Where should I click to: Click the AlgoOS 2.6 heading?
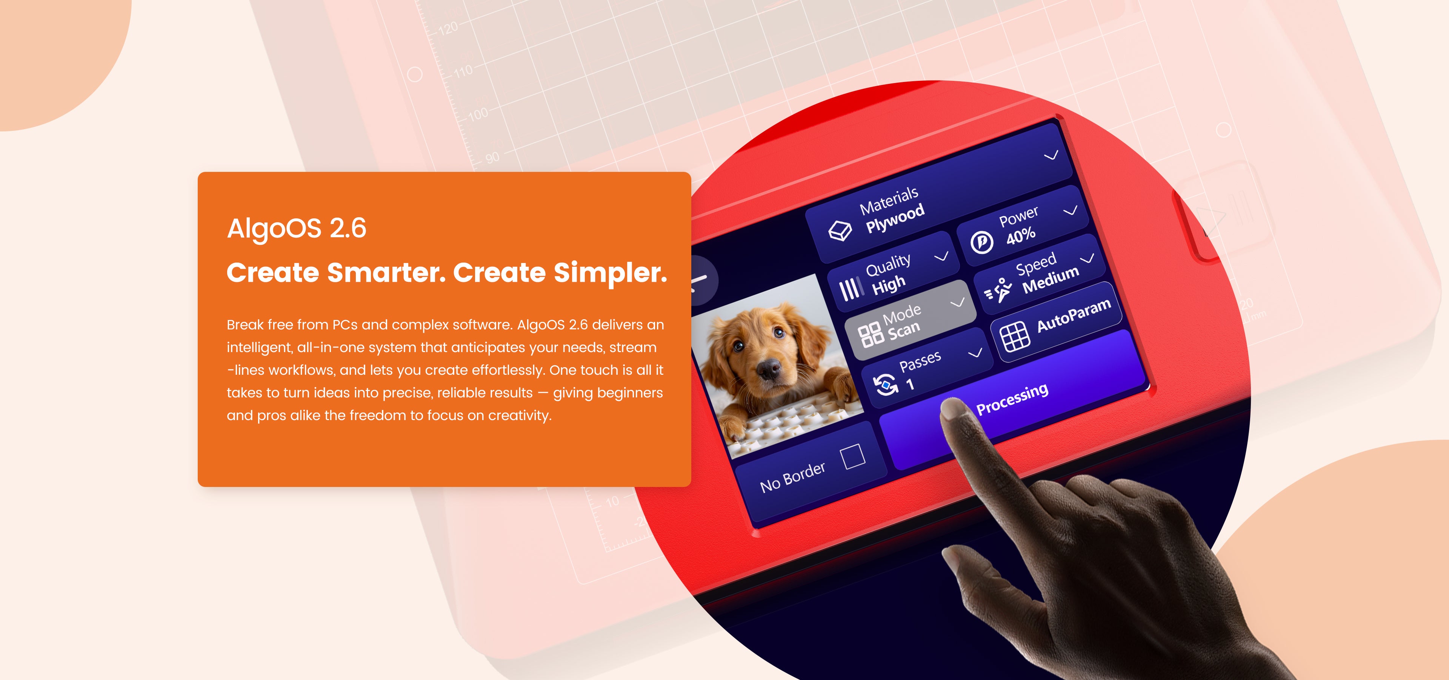click(x=297, y=229)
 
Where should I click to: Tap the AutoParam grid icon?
click(x=1014, y=337)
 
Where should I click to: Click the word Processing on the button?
click(x=1012, y=399)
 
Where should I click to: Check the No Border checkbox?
click(x=853, y=456)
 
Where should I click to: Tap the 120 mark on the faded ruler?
click(x=448, y=28)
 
